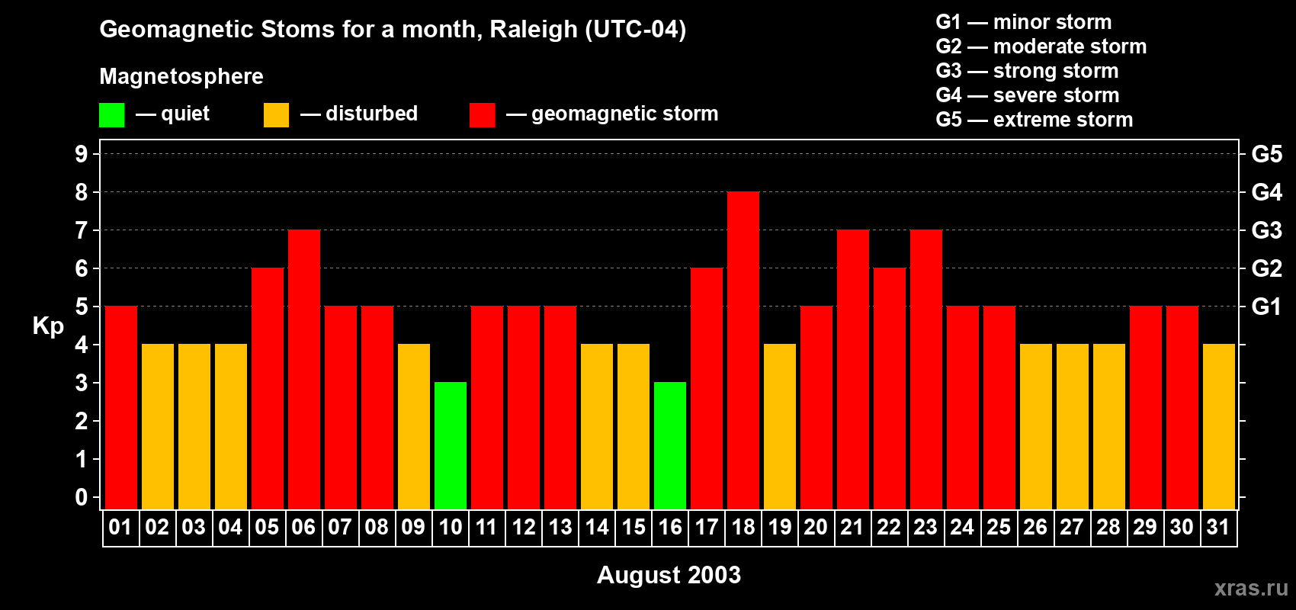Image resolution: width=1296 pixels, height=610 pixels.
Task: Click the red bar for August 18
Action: [x=743, y=351]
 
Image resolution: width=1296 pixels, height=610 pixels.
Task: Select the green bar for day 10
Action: [x=451, y=446]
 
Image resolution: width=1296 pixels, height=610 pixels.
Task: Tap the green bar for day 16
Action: [x=670, y=446]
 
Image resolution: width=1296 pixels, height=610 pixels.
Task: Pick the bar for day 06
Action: [x=304, y=370]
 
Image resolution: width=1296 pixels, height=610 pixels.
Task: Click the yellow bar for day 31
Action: [x=1219, y=427]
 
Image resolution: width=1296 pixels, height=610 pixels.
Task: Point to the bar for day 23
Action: [x=926, y=370]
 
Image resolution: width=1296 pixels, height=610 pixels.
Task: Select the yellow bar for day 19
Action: [x=780, y=427]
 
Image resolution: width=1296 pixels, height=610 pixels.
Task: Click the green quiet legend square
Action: [x=111, y=115]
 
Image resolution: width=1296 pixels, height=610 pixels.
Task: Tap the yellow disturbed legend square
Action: [x=276, y=115]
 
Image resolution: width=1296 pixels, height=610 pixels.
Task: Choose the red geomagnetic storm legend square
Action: [x=482, y=115]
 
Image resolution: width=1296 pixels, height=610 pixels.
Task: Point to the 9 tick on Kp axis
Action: [x=82, y=154]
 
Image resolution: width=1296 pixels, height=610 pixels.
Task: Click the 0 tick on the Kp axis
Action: [x=82, y=497]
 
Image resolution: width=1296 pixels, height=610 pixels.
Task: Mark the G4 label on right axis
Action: [x=1266, y=192]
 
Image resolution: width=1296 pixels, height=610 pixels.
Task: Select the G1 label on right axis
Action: [x=1266, y=307]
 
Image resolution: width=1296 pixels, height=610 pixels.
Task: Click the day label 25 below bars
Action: [x=999, y=527]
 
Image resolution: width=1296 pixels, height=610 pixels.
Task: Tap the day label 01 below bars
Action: [x=120, y=527]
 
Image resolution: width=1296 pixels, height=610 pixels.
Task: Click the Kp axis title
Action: [x=48, y=326]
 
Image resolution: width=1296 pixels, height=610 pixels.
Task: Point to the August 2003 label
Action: [x=669, y=575]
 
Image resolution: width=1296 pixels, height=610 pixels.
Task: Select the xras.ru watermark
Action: [x=1251, y=587]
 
